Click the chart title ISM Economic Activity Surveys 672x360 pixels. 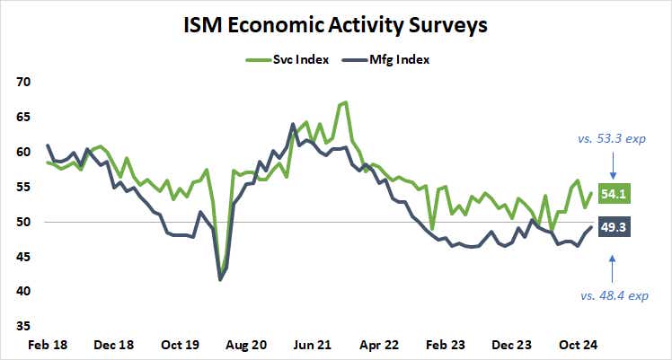pos(336,25)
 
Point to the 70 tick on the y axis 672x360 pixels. pos(23,82)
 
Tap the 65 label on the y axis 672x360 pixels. pos(23,117)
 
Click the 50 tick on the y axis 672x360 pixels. pos(23,222)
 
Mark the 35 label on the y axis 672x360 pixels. pos(23,326)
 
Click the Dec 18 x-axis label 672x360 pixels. pos(113,344)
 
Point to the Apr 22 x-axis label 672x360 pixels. pos(378,344)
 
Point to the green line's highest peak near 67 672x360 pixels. pos(346,102)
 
